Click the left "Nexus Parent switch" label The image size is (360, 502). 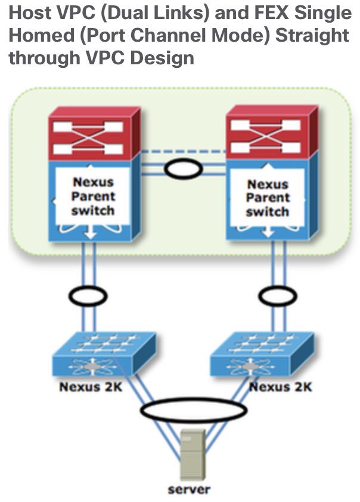point(94,196)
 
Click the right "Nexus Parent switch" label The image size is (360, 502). point(268,199)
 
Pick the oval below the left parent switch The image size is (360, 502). point(88,295)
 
